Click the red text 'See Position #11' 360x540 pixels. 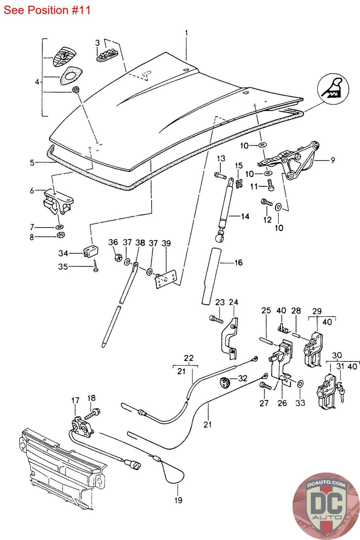47,10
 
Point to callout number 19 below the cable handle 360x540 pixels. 178,500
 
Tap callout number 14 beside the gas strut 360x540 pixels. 245,216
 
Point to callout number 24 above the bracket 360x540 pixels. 233,302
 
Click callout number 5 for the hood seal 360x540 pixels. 32,163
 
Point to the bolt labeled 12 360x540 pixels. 267,203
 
